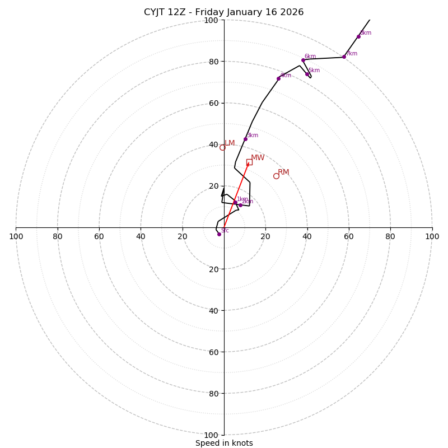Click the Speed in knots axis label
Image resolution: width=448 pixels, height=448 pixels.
pos(224,444)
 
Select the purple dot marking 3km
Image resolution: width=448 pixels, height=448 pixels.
pos(245,139)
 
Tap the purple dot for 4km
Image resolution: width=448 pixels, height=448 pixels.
pos(278,78)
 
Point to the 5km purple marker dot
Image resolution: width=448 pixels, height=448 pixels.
pos(307,74)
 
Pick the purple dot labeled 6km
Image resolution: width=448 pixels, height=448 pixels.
pos(303,60)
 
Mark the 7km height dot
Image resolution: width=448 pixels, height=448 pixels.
pos(344,57)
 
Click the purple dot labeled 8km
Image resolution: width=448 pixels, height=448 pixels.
pos(358,36)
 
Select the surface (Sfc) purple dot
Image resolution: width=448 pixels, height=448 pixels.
pos(219,234)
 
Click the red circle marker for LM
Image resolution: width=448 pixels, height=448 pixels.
pos(222,147)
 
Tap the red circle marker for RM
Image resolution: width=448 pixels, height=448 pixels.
pos(276,176)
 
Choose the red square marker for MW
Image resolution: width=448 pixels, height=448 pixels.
pos(249,162)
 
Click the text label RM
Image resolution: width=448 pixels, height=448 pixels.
pos(283,172)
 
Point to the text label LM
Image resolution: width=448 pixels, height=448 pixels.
pos(230,143)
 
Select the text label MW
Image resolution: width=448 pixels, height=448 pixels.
pos(258,158)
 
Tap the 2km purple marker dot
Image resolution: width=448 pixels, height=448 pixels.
pos(240,205)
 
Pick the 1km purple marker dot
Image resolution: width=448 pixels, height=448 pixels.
pos(235,202)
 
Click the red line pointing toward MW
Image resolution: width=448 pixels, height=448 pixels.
pos(236,195)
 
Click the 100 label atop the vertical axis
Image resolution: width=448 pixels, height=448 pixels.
pos(211,20)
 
